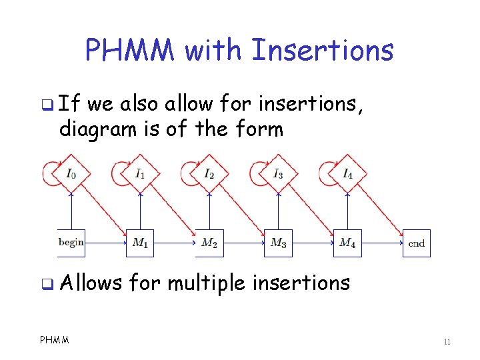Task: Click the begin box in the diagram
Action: [x=71, y=243]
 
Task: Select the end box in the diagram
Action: [x=416, y=243]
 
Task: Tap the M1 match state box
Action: [x=140, y=243]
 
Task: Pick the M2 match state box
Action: [x=209, y=243]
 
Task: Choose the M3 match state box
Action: [x=278, y=243]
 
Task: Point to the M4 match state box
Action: [x=347, y=243]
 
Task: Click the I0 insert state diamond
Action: [x=71, y=174]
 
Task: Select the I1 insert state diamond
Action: [x=140, y=174]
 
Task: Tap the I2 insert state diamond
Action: [x=209, y=174]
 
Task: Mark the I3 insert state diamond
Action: [x=278, y=174]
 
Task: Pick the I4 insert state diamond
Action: [x=347, y=174]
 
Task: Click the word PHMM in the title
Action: [x=131, y=50]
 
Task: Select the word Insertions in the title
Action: [x=322, y=50]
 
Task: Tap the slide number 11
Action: [x=447, y=342]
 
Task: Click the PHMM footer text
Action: [x=55, y=341]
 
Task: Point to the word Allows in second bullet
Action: [x=91, y=283]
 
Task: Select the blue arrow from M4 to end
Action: [x=381, y=243]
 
